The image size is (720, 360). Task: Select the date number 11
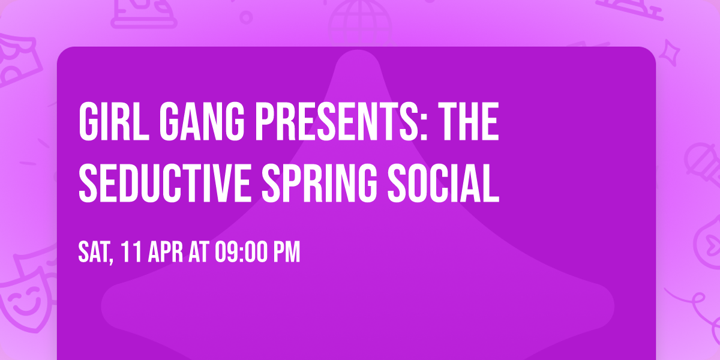pyautogui.click(x=131, y=252)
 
